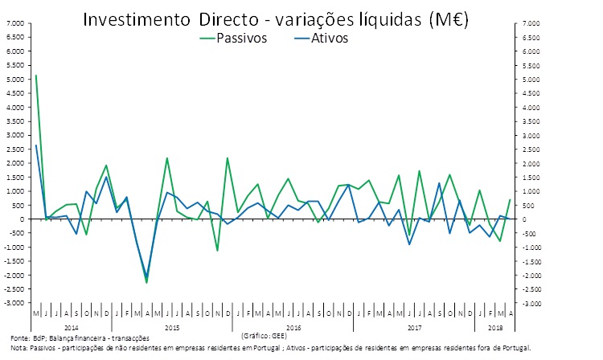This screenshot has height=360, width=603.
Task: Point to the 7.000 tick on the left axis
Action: pyautogui.click(x=15, y=24)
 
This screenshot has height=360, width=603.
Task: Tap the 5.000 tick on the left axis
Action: pyautogui.click(x=15, y=80)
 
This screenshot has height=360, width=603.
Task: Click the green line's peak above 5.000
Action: pyautogui.click(x=36, y=76)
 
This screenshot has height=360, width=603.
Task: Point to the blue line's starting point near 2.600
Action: pyautogui.click(x=36, y=145)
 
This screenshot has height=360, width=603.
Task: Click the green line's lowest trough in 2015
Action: pyautogui.click(x=146, y=282)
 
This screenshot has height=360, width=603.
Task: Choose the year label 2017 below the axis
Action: pyautogui.click(x=415, y=328)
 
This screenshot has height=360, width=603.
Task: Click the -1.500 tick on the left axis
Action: pyautogui.click(x=14, y=261)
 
